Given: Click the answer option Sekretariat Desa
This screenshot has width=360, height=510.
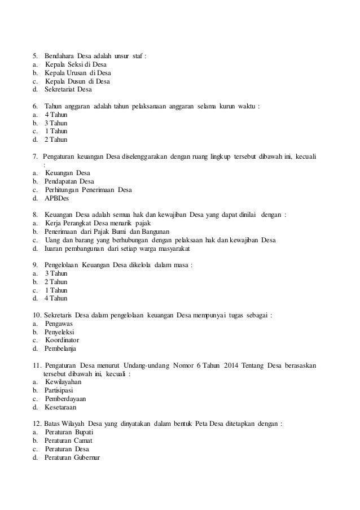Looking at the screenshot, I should (x=68, y=89).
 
